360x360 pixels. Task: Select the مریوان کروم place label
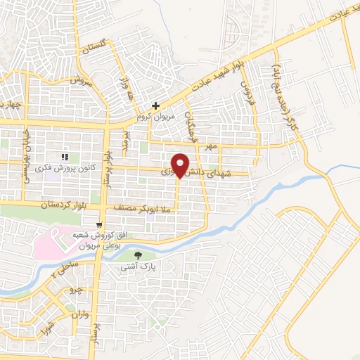pyautogui.click(x=150, y=116)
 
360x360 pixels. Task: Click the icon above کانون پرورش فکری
pyautogui.click(x=65, y=157)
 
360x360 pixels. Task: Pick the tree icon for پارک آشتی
pyautogui.click(x=138, y=256)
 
